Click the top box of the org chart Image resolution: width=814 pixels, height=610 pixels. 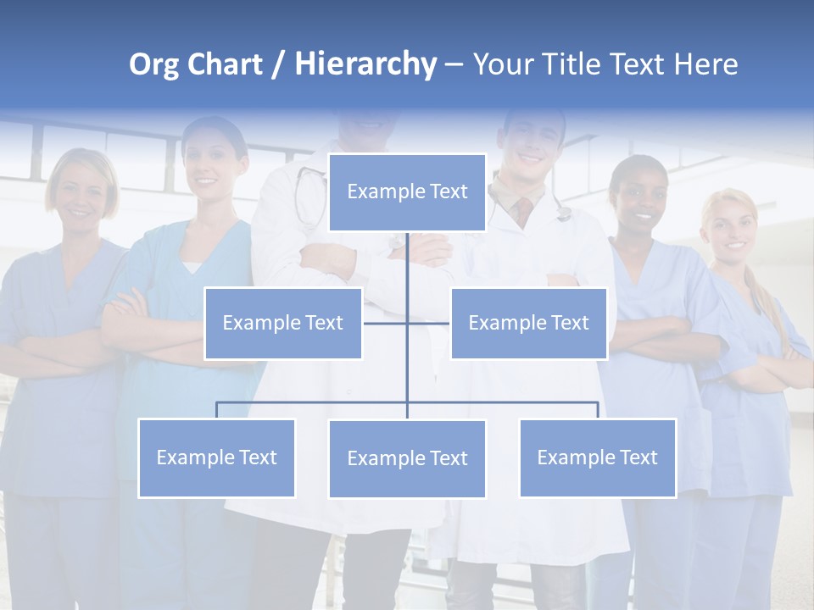[x=407, y=192]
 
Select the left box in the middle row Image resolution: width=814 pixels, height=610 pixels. [x=282, y=323]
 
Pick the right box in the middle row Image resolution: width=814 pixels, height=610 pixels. [x=528, y=323]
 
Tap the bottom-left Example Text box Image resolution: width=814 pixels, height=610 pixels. [x=216, y=457]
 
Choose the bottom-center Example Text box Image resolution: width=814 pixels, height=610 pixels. [x=407, y=458]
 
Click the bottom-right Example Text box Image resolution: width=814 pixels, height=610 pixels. [x=597, y=457]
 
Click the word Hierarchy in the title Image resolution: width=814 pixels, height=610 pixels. [x=365, y=64]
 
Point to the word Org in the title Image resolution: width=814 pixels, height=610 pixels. [x=153, y=65]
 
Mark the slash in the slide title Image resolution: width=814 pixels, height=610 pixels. [x=278, y=65]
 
